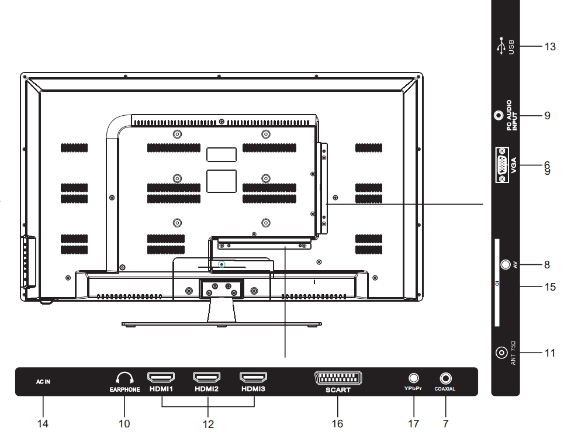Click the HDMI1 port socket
[x=161, y=377]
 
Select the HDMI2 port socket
[x=207, y=377]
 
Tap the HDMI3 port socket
[x=253, y=377]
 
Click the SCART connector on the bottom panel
[x=338, y=378]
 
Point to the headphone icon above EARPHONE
[x=125, y=378]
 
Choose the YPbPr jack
[x=414, y=378]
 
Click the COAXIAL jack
[x=446, y=378]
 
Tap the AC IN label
[x=43, y=382]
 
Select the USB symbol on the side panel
[x=501, y=46]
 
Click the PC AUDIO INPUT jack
[x=499, y=116]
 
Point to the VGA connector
[x=502, y=165]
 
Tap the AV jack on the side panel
[x=506, y=265]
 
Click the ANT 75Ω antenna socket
[x=502, y=353]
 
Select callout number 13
[x=550, y=47]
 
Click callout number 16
[x=337, y=424]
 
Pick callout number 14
[x=43, y=424]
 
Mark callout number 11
[x=550, y=353]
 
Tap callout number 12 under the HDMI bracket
[x=208, y=424]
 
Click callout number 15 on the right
[x=550, y=286]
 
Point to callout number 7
[x=446, y=424]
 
